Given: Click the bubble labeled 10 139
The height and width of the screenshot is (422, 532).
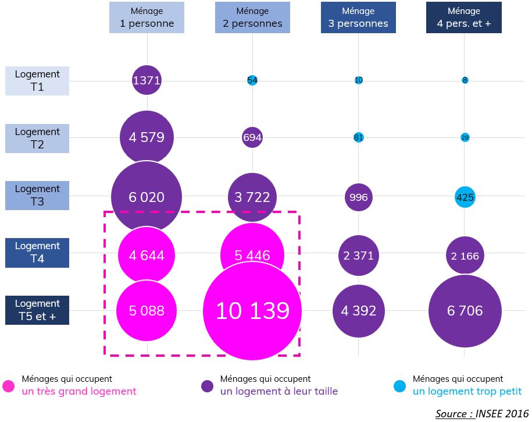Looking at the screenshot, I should [252, 311].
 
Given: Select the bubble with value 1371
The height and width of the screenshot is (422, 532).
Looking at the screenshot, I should [147, 80].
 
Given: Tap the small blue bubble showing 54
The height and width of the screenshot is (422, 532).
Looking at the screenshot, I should [252, 80].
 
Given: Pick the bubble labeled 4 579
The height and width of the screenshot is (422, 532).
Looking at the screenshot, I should [147, 137].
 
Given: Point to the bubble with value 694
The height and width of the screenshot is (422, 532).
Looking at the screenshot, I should [252, 137].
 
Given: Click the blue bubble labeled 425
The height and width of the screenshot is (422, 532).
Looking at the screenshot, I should [465, 197].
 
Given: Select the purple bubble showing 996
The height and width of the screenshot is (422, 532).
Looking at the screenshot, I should [358, 197].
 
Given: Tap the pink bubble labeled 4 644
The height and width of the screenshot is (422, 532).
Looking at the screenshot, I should [147, 255].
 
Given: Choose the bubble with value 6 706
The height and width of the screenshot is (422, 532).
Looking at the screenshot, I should [465, 311].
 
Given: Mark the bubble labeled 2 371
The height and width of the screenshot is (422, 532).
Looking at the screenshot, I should [358, 255].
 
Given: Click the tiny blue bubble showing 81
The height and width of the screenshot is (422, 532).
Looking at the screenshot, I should [358, 137].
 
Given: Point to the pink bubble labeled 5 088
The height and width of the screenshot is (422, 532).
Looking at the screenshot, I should [147, 311].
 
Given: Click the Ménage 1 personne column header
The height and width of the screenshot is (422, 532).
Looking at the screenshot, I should [147, 17].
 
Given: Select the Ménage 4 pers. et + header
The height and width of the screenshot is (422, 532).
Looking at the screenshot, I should [463, 17].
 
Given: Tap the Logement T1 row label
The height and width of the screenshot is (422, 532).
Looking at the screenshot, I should [37, 80].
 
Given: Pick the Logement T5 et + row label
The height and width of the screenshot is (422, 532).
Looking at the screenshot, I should [37, 310].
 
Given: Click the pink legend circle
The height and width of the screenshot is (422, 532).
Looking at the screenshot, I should [9, 386].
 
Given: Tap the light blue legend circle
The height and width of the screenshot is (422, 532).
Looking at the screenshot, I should [399, 386].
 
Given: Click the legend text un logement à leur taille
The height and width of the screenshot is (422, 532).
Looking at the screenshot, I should [279, 392].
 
